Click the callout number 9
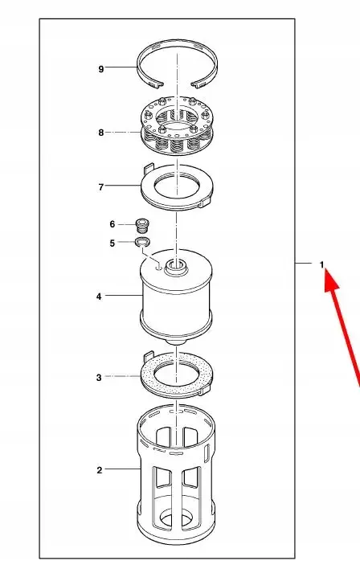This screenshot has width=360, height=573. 101,68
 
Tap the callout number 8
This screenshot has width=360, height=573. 101,133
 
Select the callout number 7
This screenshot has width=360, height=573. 101,187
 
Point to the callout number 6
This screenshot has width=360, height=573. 112,224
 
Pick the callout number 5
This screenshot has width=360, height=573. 112,243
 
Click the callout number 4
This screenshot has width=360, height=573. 99,297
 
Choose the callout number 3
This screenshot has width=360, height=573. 99,378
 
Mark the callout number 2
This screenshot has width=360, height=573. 100,470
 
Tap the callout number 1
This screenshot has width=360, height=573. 321,264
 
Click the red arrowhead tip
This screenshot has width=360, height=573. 325,270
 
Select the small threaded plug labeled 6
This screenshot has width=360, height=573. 143,225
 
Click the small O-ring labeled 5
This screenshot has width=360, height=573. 142,242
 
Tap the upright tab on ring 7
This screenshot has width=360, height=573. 148,169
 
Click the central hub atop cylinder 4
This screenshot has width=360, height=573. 176,268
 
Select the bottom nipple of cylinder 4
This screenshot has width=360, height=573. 176,342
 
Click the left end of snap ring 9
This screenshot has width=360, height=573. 157,85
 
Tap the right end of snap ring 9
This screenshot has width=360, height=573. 198,84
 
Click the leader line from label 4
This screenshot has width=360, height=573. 124,295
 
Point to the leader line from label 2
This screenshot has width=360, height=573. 123,469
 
